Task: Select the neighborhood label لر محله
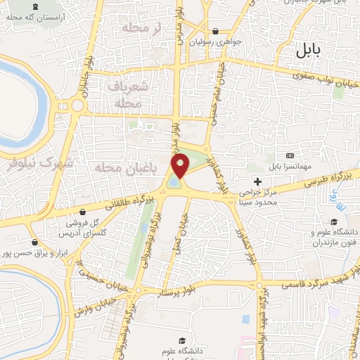[138, 27]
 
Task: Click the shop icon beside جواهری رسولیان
[214, 31]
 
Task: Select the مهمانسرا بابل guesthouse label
[289, 167]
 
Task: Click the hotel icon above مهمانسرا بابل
[290, 155]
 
